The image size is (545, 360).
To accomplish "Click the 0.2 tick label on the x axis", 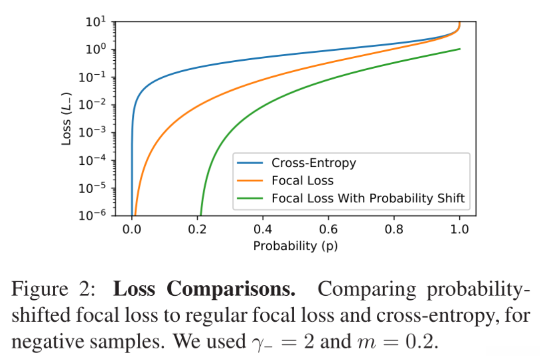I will coord(197,230).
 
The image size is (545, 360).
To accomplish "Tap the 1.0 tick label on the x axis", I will coord(459,230).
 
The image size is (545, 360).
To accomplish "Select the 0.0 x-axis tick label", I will coord(131,230).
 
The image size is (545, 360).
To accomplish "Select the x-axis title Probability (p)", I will coord(295,246).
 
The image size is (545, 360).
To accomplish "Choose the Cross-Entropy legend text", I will coord(314,163).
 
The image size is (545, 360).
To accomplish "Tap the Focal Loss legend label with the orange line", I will coord(302,180).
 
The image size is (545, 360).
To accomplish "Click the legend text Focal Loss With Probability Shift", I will coord(368,198).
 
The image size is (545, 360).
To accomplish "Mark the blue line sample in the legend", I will coord(251,163).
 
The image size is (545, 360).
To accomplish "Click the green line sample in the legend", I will coord(251,198).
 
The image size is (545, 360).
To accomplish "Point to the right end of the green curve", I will coord(459,48).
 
